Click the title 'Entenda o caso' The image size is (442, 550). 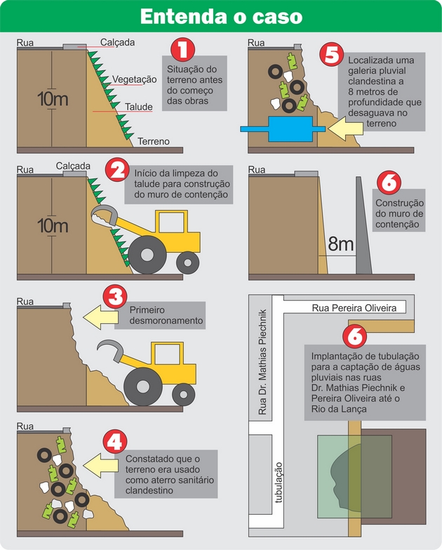221,17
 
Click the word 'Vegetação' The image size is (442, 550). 134,79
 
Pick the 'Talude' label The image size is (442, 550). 140,107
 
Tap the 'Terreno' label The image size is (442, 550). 153,141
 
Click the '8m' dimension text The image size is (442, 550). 341,245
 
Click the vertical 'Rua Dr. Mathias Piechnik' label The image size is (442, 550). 264,361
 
